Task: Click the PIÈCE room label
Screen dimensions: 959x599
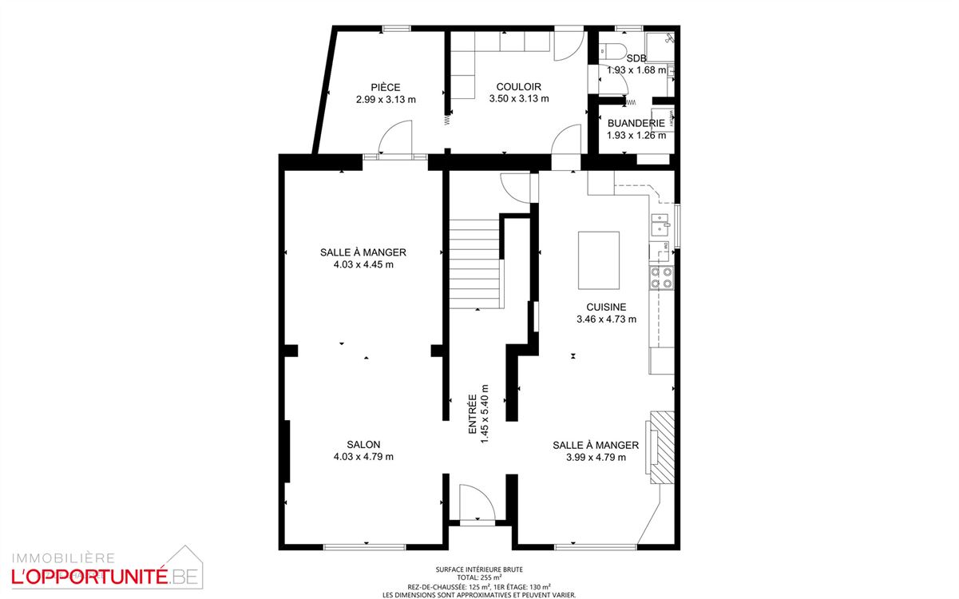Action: pos(386,87)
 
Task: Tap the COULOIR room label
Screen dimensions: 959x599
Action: pos(518,87)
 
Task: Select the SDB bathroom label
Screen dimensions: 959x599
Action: pos(636,58)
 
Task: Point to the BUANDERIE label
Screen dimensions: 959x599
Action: pos(636,123)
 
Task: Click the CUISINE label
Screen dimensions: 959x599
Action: pos(606,307)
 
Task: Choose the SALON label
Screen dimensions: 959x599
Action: pos(363,444)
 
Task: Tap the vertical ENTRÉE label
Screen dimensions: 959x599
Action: pos(473,414)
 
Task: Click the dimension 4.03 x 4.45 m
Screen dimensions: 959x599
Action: pos(363,264)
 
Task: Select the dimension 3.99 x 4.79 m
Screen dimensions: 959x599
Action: pos(596,458)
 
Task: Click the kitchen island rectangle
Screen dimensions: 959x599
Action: pos(599,260)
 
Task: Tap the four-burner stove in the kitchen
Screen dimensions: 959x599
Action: pos(661,277)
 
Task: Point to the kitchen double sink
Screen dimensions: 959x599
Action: pos(660,224)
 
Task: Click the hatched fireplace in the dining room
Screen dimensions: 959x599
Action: pos(662,447)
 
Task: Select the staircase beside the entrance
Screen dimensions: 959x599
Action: pos(474,264)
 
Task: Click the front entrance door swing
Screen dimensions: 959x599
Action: pos(477,502)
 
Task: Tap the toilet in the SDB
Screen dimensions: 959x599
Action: pos(612,51)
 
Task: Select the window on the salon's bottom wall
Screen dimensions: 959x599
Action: pos(364,547)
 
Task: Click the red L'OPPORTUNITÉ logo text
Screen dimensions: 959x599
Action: pos(89,577)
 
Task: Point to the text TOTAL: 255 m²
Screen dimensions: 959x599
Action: pos(478,577)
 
